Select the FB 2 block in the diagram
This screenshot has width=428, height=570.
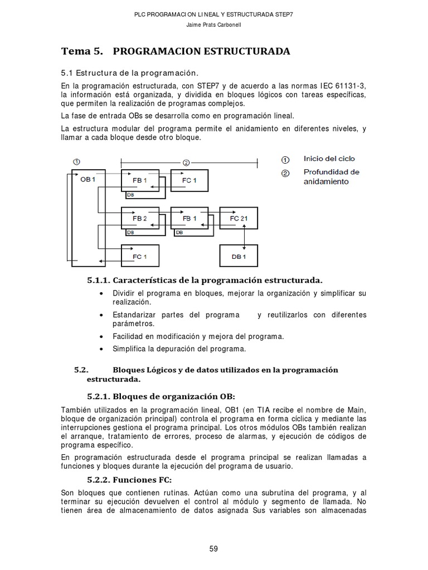click(x=140, y=218)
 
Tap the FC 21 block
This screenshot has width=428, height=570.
click(x=239, y=218)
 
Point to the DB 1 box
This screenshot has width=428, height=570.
click(x=239, y=256)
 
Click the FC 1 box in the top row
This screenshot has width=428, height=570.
click(x=189, y=180)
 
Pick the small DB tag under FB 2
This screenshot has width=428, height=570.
click(x=130, y=232)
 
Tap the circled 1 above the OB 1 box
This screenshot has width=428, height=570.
click(x=76, y=161)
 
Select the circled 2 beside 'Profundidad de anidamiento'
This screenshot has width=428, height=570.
click(x=285, y=173)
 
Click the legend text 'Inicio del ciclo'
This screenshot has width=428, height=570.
click(x=329, y=159)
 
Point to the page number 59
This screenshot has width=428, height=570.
click(x=213, y=548)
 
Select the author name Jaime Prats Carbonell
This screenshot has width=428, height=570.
click(x=213, y=24)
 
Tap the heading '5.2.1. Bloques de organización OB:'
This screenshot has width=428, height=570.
click(x=161, y=396)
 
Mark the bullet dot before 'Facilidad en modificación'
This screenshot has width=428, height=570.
click(x=100, y=337)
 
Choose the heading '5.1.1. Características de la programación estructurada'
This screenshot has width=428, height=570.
click(x=204, y=279)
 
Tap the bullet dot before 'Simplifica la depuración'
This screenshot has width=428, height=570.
click(x=100, y=349)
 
